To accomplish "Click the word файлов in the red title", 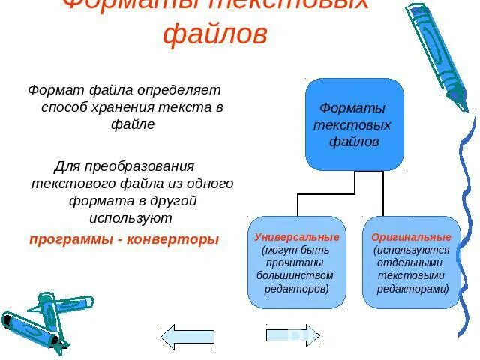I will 214,34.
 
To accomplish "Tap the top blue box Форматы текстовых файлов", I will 354,124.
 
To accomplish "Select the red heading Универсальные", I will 297,237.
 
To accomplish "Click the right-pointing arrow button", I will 293,334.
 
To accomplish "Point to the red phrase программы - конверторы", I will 124,239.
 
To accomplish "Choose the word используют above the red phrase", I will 130,218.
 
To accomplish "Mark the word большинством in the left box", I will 295,275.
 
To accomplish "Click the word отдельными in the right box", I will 412,262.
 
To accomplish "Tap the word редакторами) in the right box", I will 412,288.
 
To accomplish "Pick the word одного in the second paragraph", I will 214,183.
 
